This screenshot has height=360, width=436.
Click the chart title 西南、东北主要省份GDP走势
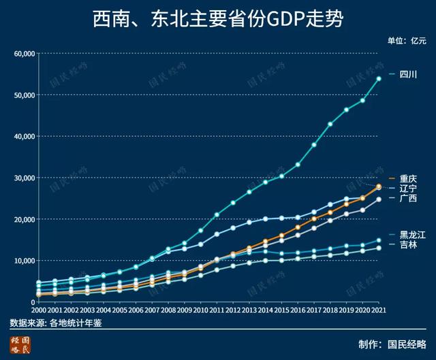click(217, 19)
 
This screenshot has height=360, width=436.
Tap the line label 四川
click(408, 73)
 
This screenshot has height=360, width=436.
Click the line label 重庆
click(408, 178)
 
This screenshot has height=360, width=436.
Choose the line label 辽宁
click(408, 188)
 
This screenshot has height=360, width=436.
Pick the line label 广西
click(408, 198)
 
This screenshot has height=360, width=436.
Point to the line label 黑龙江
click(412, 234)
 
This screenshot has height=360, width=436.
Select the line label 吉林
click(408, 244)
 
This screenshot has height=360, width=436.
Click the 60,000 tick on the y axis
click(24, 53)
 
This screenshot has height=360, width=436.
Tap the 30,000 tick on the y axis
click(24, 178)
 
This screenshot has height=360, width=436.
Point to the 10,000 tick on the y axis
click(24, 261)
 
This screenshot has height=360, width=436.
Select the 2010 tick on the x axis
click(200, 310)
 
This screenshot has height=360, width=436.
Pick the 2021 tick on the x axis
click(379, 310)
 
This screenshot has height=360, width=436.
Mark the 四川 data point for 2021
click(379, 79)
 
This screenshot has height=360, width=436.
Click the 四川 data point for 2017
click(314, 144)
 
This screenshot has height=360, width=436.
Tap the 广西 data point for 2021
click(379, 199)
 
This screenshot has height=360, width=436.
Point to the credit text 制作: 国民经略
click(392, 344)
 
